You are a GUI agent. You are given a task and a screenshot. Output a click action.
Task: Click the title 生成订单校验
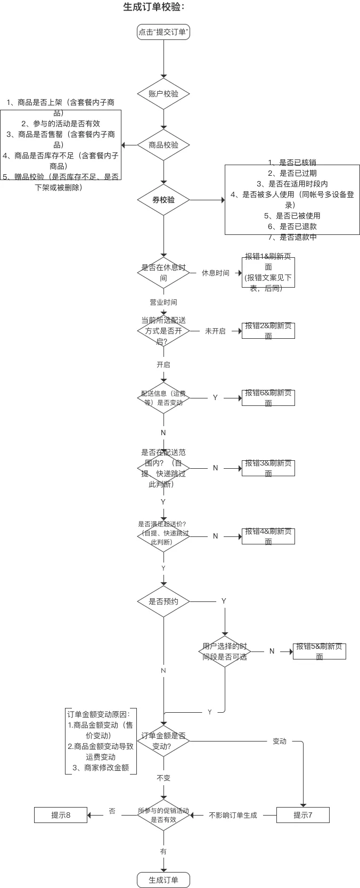pos(154,7)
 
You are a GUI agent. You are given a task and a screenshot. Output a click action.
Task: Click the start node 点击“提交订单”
pos(163,32)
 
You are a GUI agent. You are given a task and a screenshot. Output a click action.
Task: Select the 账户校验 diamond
pos(163,94)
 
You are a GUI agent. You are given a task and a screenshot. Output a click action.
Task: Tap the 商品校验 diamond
pos(163,145)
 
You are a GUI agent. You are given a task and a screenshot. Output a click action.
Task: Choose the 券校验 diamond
pos(163,200)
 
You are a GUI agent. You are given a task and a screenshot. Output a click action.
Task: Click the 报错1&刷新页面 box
pos(268,272)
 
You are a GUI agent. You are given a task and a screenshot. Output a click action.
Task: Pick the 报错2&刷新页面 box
pos(268,331)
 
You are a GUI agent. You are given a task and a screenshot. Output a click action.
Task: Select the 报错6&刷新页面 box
pos(268,398)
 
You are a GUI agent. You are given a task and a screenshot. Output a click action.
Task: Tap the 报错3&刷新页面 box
pos(268,468)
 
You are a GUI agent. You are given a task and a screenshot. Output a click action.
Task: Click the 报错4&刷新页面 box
pos(268,536)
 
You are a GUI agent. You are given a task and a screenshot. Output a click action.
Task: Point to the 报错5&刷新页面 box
pos(320,651)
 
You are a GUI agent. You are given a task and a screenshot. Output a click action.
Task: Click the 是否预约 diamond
pos(163,601)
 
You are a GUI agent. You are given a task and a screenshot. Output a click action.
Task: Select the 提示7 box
pos(303,815)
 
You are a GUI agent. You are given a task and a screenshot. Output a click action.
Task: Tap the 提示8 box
pos(61,815)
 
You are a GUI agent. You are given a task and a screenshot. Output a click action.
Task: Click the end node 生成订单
pos(163,880)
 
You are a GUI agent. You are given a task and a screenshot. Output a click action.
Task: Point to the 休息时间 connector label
pos(215,273)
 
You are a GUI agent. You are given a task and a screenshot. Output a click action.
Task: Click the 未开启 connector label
pos(215,331)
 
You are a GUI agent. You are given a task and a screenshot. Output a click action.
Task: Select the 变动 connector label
pos(280,741)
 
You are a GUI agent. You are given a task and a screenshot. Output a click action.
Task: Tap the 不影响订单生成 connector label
pos(233,815)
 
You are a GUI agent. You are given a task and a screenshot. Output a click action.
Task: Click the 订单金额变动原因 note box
pos(101,741)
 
